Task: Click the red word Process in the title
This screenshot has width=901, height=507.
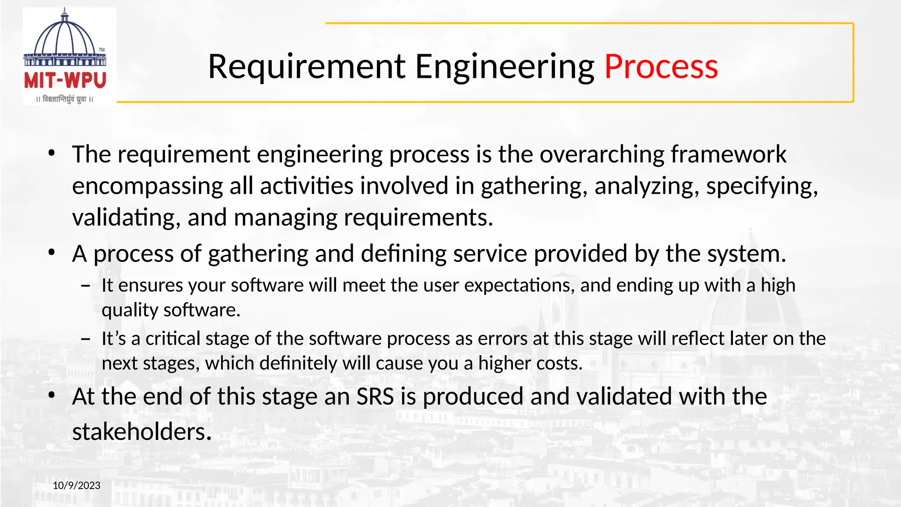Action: click(x=661, y=66)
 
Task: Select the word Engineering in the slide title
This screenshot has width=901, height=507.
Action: click(x=505, y=66)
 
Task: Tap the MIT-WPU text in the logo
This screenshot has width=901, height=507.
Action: click(x=65, y=81)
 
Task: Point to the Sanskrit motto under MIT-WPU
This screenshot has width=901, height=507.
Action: click(x=65, y=99)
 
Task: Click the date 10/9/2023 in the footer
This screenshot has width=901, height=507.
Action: click(x=77, y=485)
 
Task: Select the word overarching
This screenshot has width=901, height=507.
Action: click(x=601, y=154)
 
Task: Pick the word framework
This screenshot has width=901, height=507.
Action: click(x=729, y=154)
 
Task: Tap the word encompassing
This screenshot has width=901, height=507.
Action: click(x=147, y=186)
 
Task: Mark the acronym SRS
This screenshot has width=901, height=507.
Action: click(x=375, y=397)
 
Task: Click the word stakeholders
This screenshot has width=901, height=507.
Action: click(x=142, y=432)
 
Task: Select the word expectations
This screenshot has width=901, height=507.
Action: click(x=520, y=285)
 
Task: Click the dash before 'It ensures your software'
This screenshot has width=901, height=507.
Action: click(x=86, y=286)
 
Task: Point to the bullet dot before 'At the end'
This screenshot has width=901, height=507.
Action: click(x=52, y=395)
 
